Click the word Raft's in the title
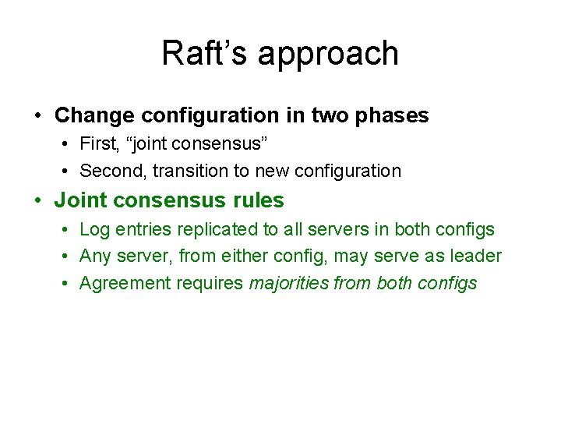click(x=204, y=53)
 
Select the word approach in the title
click(x=328, y=55)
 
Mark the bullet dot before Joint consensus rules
click(x=38, y=201)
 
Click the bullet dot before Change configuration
click(x=38, y=116)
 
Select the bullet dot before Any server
click(x=66, y=256)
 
